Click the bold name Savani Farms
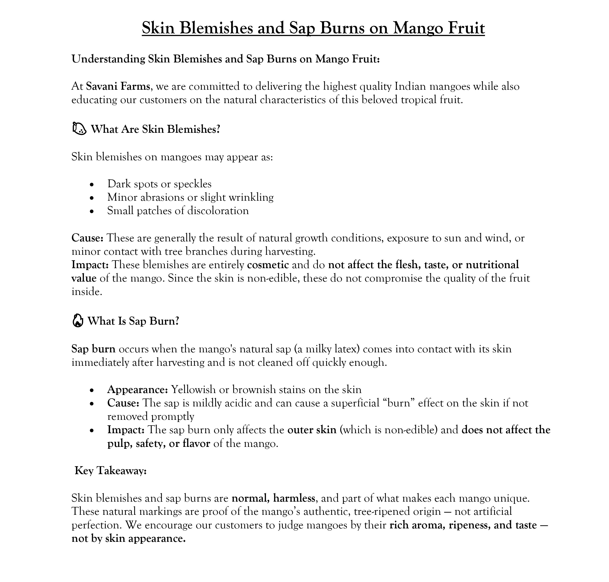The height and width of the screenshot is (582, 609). pyautogui.click(x=118, y=86)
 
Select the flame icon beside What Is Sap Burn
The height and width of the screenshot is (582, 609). pyautogui.click(x=77, y=321)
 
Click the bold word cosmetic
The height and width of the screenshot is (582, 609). pyautogui.click(x=268, y=265)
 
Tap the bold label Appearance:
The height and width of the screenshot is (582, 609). pyautogui.click(x=138, y=389)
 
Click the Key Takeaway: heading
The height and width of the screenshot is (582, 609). pyautogui.click(x=110, y=471)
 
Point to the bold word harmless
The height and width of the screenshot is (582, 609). pyautogui.click(x=294, y=498)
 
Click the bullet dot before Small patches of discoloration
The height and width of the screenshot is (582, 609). pyautogui.click(x=92, y=211)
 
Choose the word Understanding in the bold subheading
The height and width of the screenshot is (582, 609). pyautogui.click(x=108, y=59)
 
